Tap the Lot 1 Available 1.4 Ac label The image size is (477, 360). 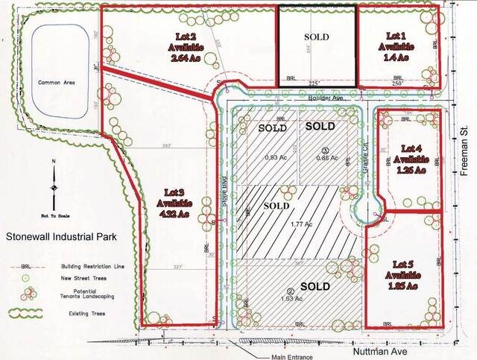[x=396, y=46]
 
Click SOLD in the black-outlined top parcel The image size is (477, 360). [x=317, y=36]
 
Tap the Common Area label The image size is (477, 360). [x=54, y=83]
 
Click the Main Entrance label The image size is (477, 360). [x=293, y=357]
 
